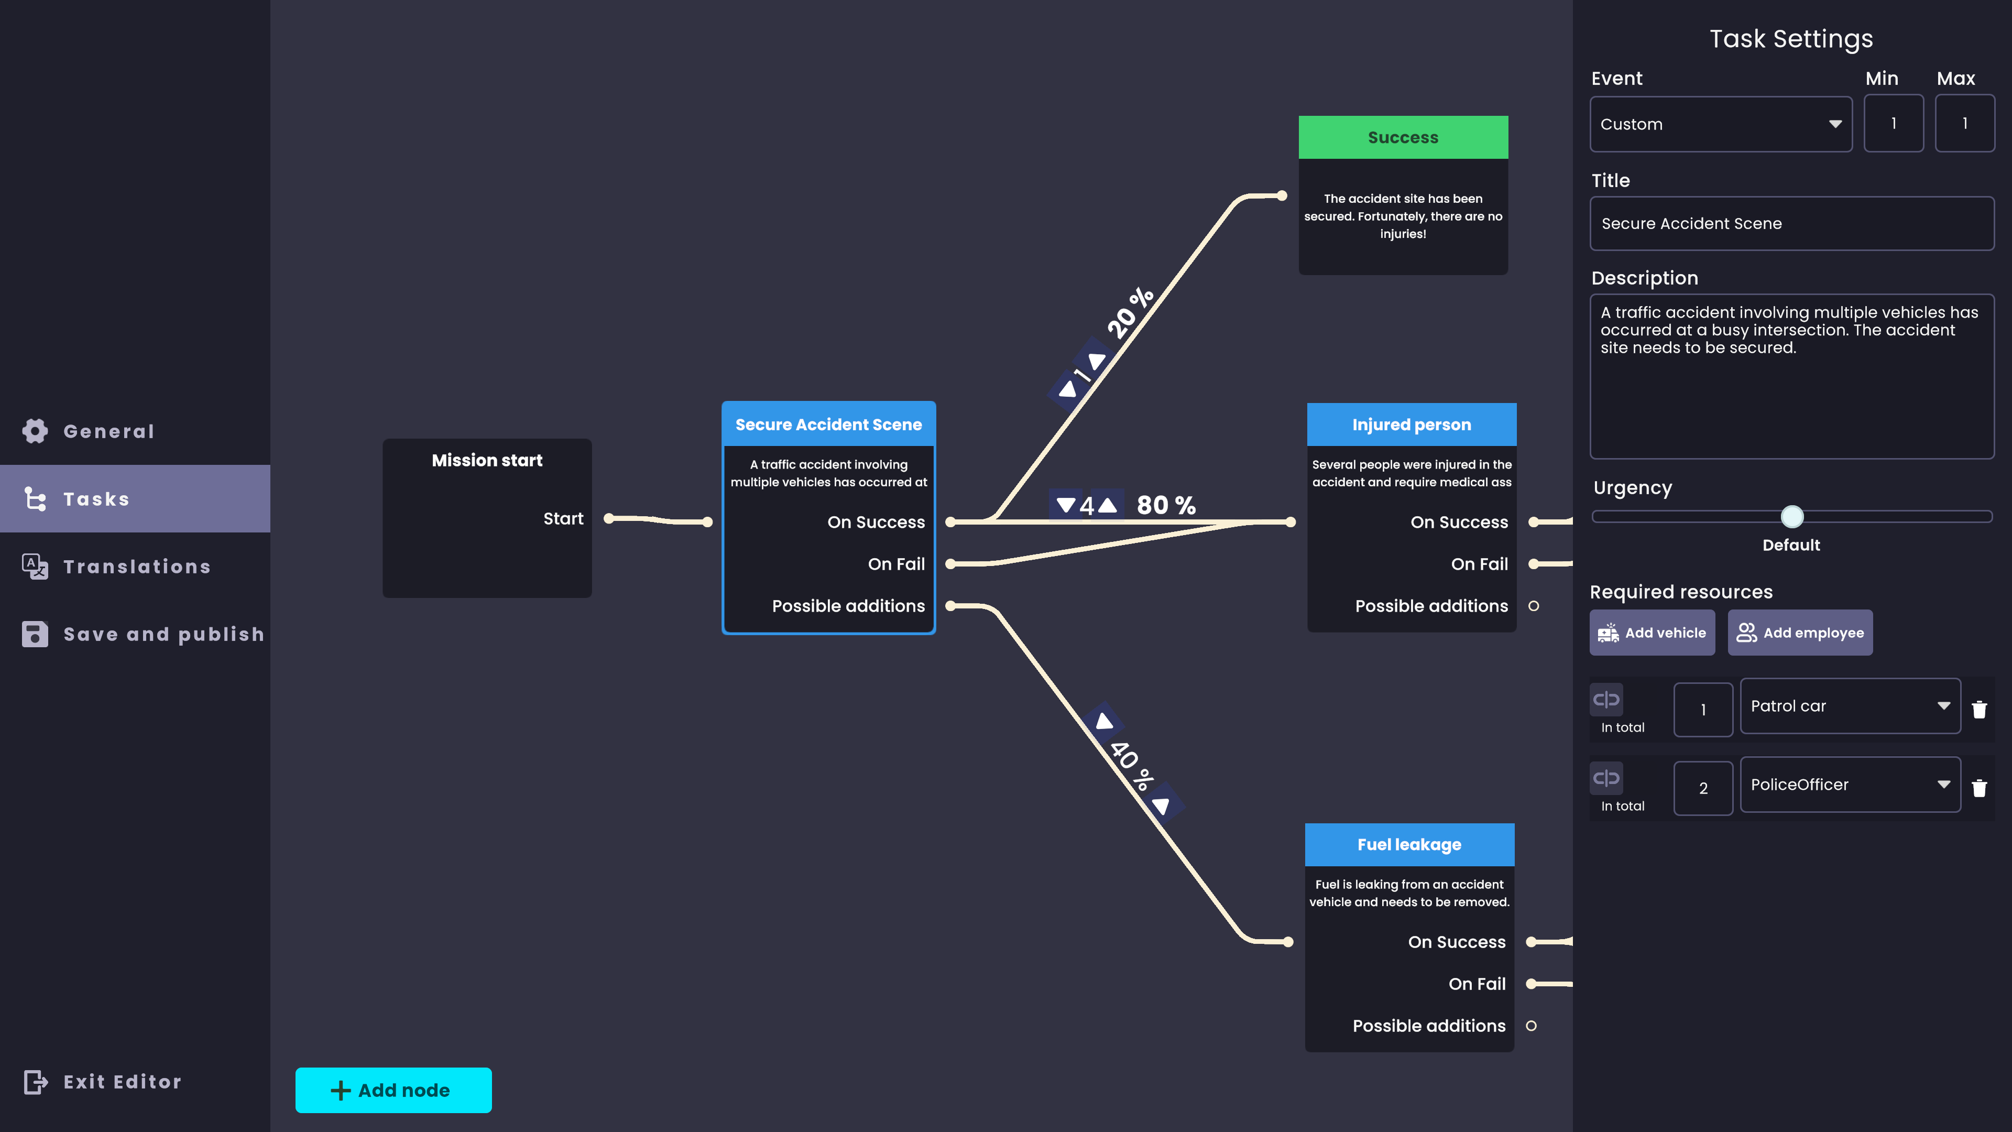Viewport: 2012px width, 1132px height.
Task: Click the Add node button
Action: [393, 1090]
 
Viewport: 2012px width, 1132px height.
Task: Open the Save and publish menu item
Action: [144, 634]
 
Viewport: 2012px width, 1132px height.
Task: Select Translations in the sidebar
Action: [117, 567]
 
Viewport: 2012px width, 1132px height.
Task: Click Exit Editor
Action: [102, 1082]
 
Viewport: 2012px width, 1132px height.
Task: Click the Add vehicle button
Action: [1652, 633]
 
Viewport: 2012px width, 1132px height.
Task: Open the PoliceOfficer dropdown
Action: [1850, 785]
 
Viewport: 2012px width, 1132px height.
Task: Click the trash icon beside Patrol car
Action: [1979, 710]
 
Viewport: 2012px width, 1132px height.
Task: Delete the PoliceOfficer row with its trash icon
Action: [1979, 788]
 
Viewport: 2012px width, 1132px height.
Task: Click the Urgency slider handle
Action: [1792, 516]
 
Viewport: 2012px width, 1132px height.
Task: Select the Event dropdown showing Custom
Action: [1721, 124]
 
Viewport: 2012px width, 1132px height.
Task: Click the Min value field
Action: [1893, 124]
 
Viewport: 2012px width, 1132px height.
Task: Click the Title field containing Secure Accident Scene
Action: [1792, 223]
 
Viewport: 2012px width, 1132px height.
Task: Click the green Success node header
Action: [1403, 137]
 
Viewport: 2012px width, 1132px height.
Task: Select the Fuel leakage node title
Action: [1409, 844]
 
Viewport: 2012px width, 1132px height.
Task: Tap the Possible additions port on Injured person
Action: [1533, 606]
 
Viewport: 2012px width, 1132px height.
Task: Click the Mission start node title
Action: [487, 460]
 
